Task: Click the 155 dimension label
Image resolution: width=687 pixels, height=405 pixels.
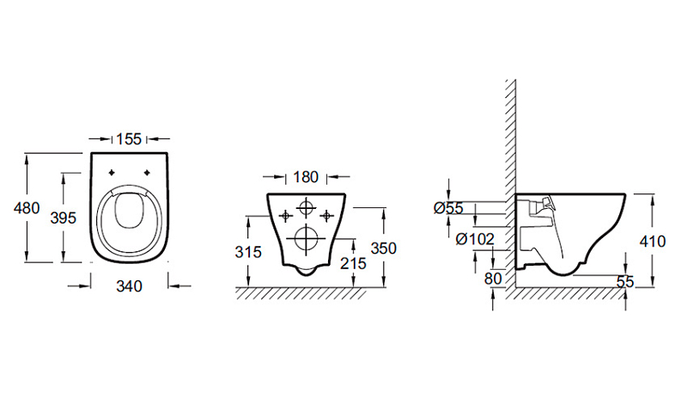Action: pos(129,139)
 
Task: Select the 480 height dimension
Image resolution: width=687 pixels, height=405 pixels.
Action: pos(27,207)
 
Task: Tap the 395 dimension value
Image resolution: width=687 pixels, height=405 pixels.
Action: pos(63,218)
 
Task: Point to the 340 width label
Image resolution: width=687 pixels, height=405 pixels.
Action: pos(130,286)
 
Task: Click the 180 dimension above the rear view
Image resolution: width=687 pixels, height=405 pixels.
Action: pos(306,177)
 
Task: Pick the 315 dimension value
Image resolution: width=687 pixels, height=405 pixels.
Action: pos(248,252)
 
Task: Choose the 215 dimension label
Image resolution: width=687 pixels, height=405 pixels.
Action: pos(353,263)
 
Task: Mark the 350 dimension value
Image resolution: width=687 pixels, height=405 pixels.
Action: pos(383,249)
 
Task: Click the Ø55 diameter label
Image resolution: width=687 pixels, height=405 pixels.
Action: pos(448,208)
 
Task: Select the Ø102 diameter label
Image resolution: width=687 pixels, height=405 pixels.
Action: pos(475,239)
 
